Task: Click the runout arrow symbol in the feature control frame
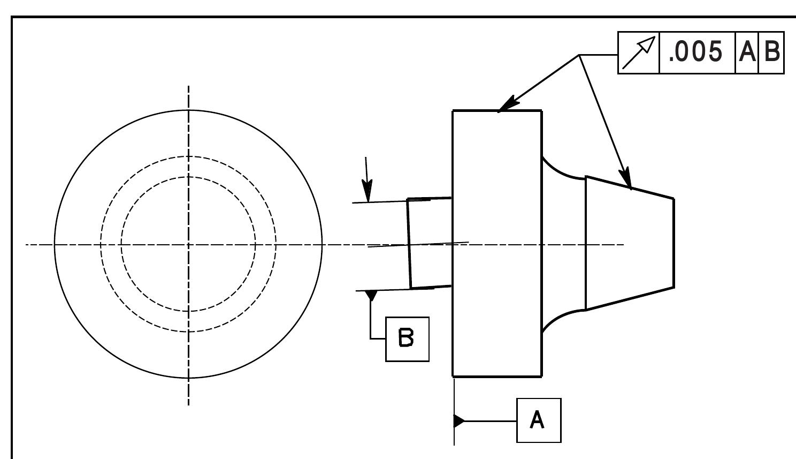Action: pyautogui.click(x=639, y=52)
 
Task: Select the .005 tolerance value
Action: pyautogui.click(x=696, y=52)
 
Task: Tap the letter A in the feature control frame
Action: pyautogui.click(x=747, y=52)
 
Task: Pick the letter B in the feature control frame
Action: pyautogui.click(x=771, y=52)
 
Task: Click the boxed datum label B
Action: pyautogui.click(x=407, y=339)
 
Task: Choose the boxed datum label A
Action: pyautogui.click(x=538, y=420)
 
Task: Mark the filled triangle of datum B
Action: pyautogui.click(x=371, y=295)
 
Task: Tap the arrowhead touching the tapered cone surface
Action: pyautogui.click(x=627, y=179)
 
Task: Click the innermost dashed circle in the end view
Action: pyautogui.click(x=121, y=244)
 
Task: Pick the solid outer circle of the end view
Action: pyautogui.click(x=55, y=244)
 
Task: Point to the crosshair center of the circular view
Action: pyautogui.click(x=188, y=245)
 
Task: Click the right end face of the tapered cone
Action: pyautogui.click(x=673, y=244)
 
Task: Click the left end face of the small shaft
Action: pyautogui.click(x=409, y=244)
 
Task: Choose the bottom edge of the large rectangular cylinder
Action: pyautogui.click(x=497, y=376)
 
